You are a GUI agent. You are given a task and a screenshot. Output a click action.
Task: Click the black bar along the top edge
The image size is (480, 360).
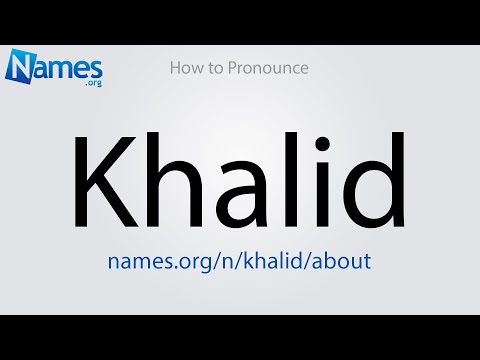coord(240,21)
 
